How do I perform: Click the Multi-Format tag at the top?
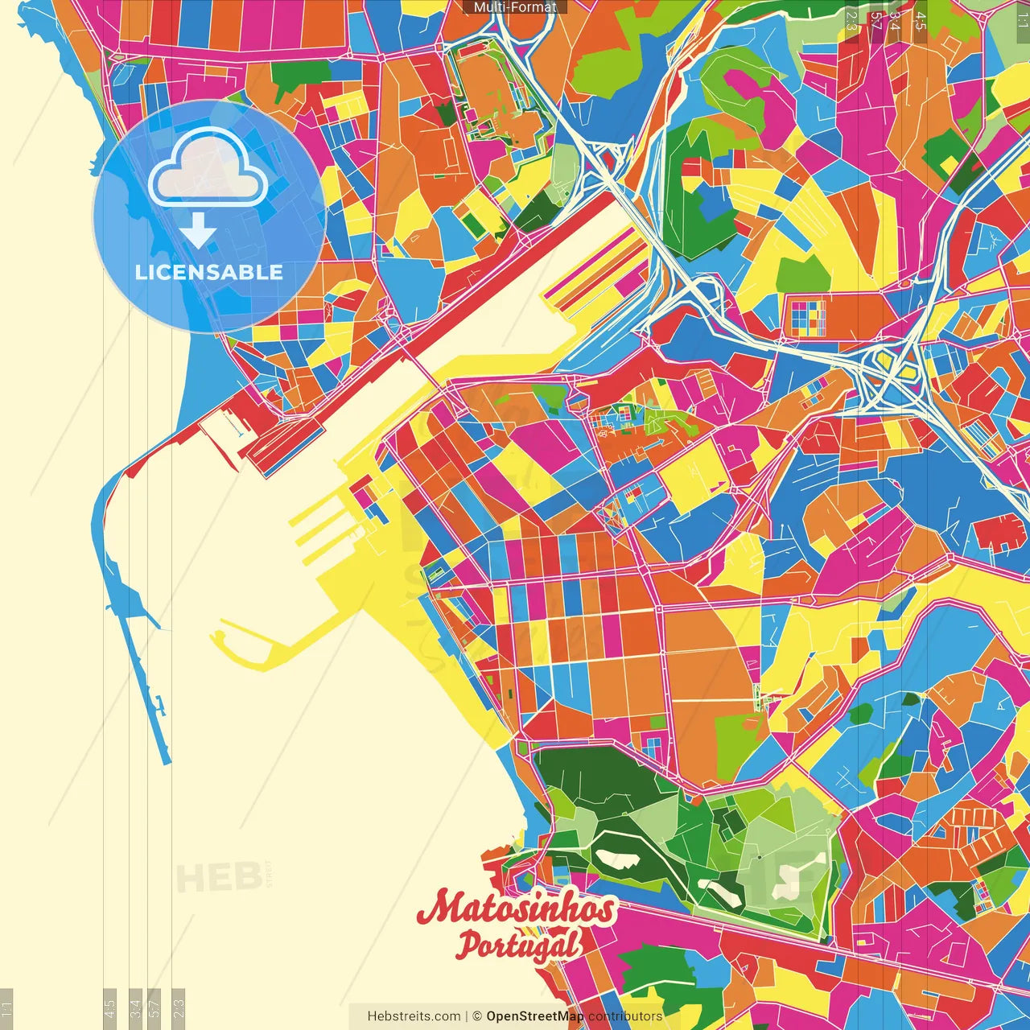(x=514, y=7)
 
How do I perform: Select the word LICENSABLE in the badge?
(x=208, y=272)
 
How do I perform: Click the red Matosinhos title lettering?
(x=516, y=908)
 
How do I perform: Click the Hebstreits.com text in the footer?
(x=414, y=1016)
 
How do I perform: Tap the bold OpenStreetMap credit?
(x=534, y=1016)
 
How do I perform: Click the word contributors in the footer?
(x=625, y=1016)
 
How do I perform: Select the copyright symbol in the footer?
(x=476, y=1016)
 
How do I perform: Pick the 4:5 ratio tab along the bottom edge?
(x=110, y=1007)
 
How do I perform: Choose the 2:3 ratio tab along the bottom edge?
(x=179, y=1007)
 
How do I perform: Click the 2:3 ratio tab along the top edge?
(x=851, y=19)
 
